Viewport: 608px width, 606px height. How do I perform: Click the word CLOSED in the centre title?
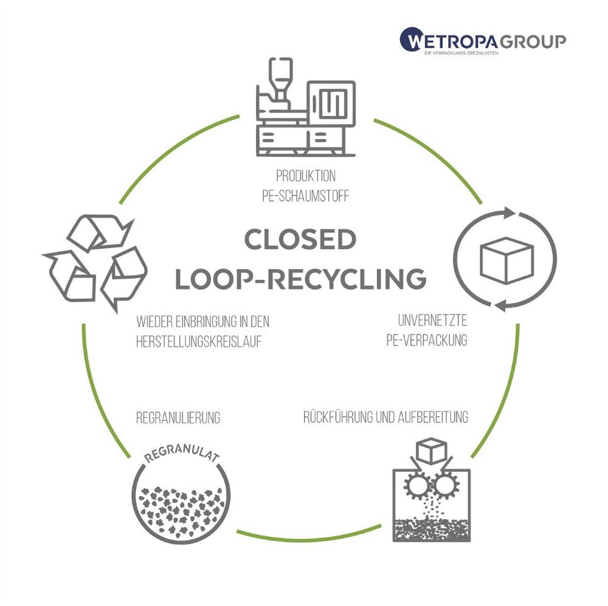click(x=300, y=240)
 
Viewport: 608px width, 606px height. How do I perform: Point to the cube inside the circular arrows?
click(x=506, y=259)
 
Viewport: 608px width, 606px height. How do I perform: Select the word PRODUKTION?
click(x=305, y=177)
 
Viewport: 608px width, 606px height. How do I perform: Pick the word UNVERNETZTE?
click(x=432, y=319)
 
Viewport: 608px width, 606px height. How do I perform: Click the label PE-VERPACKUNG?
click(x=426, y=339)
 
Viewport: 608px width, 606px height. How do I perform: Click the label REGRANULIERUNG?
click(x=178, y=418)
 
